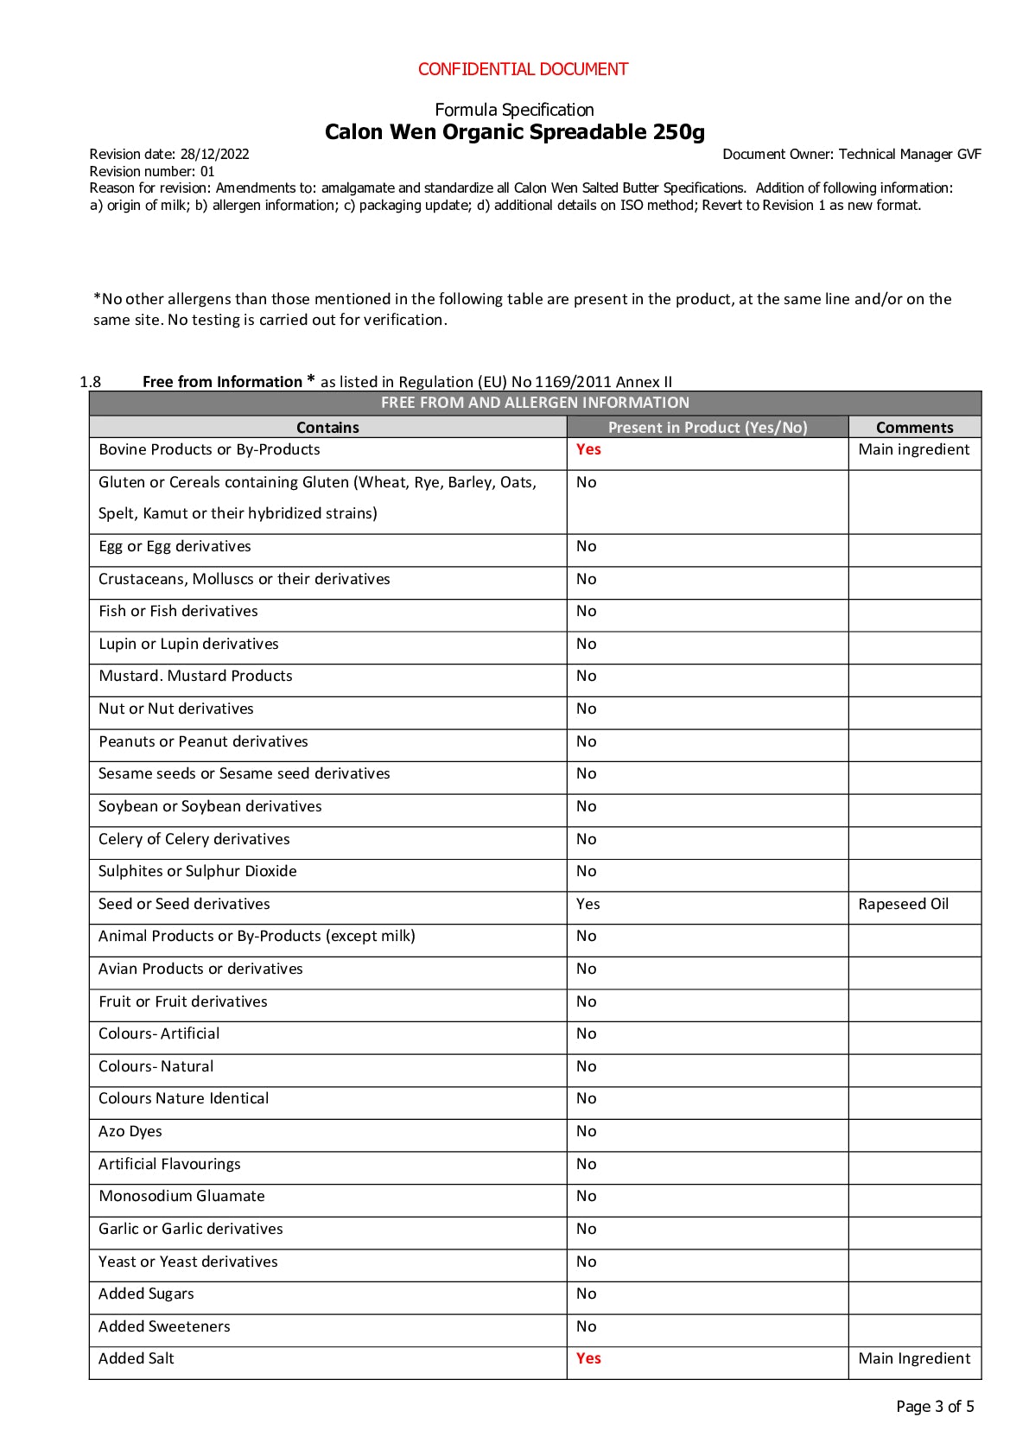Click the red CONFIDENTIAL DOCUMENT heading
click(523, 69)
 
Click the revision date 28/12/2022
click(214, 155)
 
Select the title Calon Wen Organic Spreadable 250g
click(514, 132)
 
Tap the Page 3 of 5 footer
click(935, 1407)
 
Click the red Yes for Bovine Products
click(588, 449)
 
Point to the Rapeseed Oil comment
click(903, 904)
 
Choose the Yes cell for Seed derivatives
click(588, 904)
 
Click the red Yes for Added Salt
click(588, 1358)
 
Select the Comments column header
click(914, 428)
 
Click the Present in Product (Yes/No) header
click(708, 428)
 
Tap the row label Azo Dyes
click(130, 1131)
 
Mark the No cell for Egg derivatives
click(587, 546)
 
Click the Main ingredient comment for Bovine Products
click(913, 449)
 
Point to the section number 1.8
click(90, 382)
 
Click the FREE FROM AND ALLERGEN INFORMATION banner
click(535, 403)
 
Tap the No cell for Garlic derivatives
click(587, 1229)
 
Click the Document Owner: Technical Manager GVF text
click(851, 155)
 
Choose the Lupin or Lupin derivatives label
click(188, 644)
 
